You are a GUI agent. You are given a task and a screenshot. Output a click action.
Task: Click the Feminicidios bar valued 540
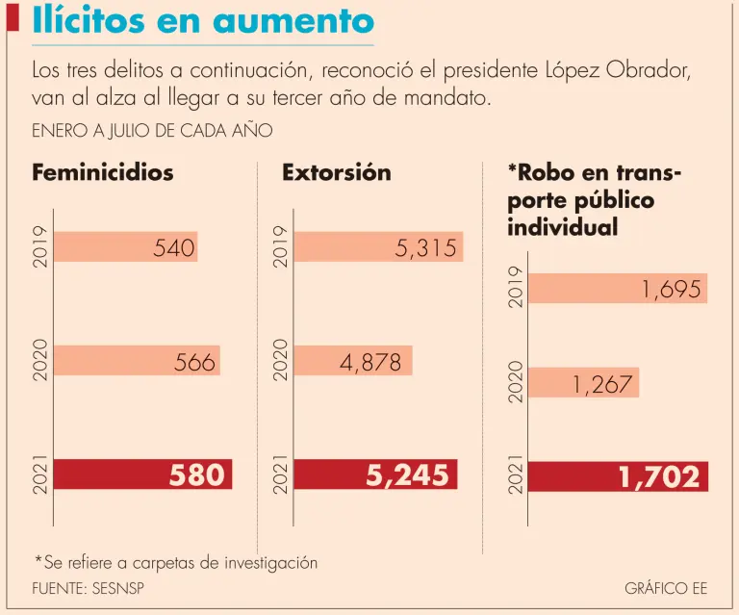(x=125, y=247)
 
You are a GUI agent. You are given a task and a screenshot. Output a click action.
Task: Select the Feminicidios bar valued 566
(x=137, y=361)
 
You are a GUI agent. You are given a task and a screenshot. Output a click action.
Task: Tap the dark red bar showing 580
(x=143, y=474)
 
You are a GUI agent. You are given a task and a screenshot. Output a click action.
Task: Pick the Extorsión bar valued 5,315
(x=378, y=247)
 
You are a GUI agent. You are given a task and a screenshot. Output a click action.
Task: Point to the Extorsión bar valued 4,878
(x=353, y=361)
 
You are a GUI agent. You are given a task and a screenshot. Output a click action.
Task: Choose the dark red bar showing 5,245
(x=375, y=474)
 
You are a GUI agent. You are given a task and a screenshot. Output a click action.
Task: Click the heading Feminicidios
(x=103, y=173)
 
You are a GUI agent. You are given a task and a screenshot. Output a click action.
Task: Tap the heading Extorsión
(x=337, y=173)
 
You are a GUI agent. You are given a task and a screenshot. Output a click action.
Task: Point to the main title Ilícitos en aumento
(x=203, y=21)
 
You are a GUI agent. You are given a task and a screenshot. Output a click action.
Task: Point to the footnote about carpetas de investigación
(x=176, y=562)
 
